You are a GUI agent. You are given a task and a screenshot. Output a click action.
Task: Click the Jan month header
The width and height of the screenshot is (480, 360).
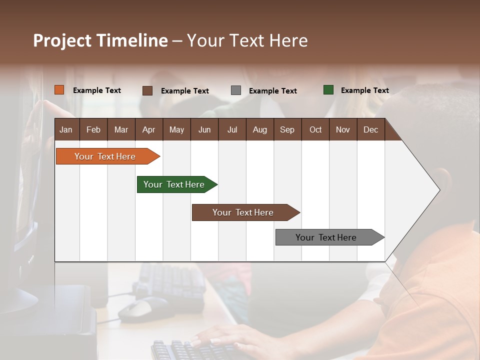click(66, 129)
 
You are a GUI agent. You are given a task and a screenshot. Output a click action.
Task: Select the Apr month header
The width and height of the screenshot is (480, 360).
click(148, 129)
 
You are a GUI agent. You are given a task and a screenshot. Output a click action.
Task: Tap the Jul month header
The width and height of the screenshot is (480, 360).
click(232, 129)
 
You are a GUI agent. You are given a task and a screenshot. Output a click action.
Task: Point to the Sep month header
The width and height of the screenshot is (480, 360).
click(287, 129)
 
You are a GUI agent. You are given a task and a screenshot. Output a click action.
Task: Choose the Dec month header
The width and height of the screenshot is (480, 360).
click(370, 129)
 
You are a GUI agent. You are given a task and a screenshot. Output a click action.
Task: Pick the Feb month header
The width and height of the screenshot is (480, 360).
click(93, 129)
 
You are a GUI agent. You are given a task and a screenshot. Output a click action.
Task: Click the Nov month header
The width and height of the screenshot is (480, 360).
click(342, 129)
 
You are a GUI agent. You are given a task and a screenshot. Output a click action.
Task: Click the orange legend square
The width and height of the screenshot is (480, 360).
click(59, 90)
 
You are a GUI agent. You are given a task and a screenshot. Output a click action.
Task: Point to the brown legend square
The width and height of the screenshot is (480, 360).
click(147, 90)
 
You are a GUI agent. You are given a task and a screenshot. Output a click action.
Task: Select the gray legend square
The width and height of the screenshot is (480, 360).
click(236, 90)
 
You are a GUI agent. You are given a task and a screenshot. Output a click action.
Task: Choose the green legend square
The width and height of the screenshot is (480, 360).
click(328, 90)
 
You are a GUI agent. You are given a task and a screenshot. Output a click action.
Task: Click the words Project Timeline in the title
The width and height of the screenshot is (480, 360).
click(100, 40)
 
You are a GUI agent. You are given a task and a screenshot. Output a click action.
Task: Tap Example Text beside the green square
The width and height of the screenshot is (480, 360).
click(364, 90)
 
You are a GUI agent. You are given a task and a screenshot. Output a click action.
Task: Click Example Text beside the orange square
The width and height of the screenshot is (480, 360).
click(97, 90)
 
